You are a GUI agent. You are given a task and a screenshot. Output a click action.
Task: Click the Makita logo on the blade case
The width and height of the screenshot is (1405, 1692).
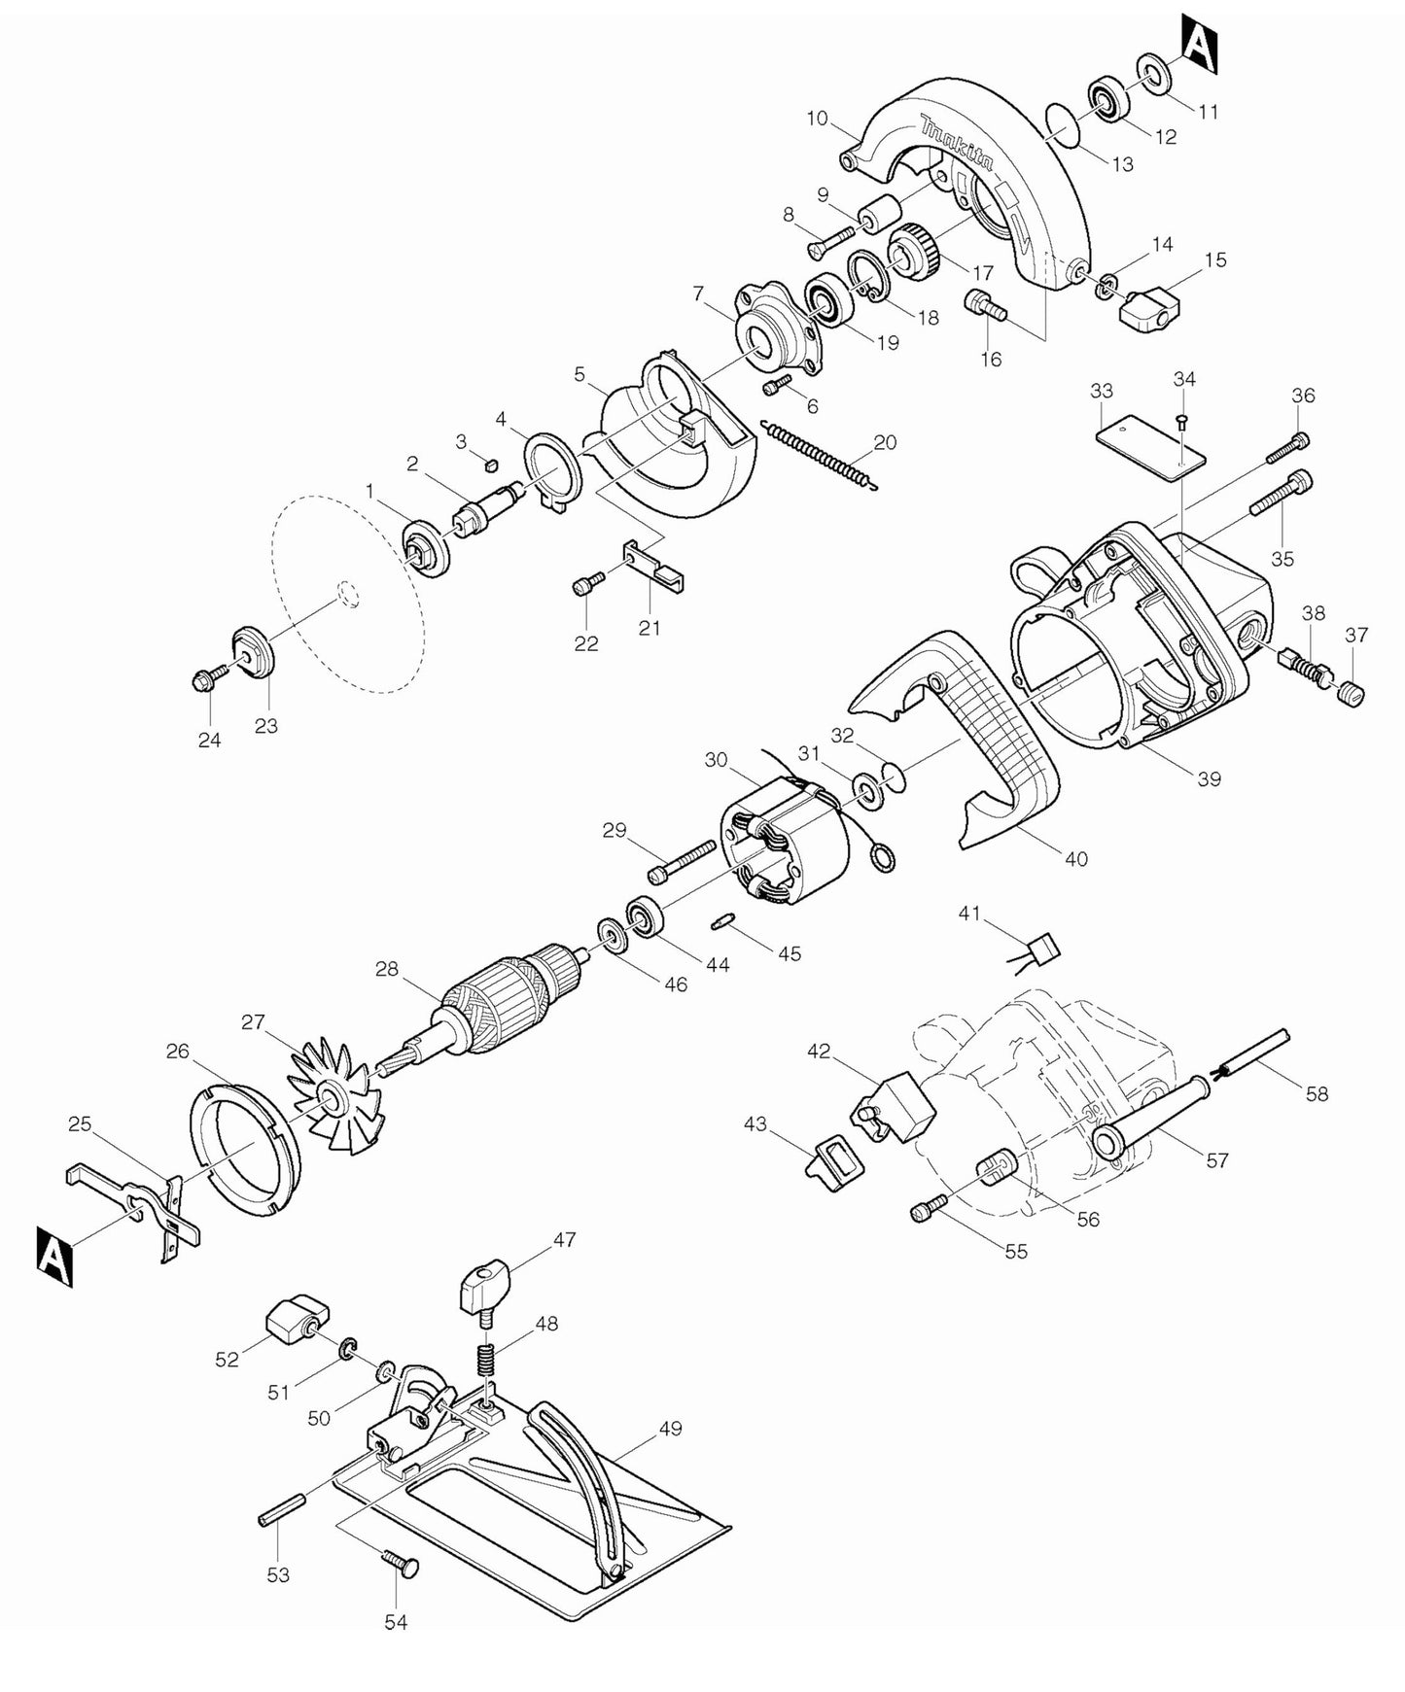958,144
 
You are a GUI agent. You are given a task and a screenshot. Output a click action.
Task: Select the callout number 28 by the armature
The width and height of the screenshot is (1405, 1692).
387,969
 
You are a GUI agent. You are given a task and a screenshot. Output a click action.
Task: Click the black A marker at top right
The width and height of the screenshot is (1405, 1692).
1201,44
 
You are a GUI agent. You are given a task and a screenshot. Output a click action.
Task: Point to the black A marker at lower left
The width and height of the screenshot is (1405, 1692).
55,1257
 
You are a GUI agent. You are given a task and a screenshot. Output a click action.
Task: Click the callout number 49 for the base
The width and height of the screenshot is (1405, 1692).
670,1429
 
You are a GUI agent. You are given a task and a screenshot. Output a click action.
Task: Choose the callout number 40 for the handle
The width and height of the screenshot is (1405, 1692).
1075,859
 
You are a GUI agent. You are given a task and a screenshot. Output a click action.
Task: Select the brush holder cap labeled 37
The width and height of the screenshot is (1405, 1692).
1352,693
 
